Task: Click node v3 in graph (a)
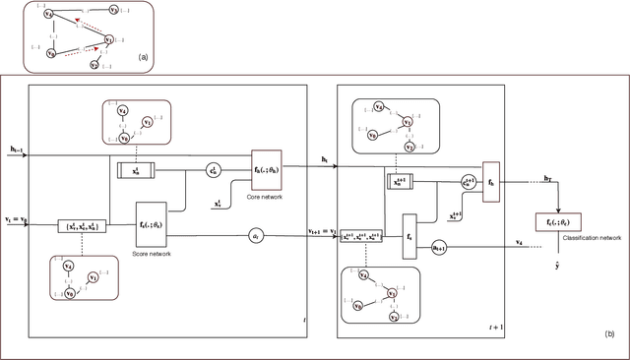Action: tap(114, 10)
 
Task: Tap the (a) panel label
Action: tap(143, 57)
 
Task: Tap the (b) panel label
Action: tap(609, 335)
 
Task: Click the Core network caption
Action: tap(258, 196)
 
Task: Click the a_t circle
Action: tap(227, 236)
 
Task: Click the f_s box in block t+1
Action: tap(409, 238)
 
